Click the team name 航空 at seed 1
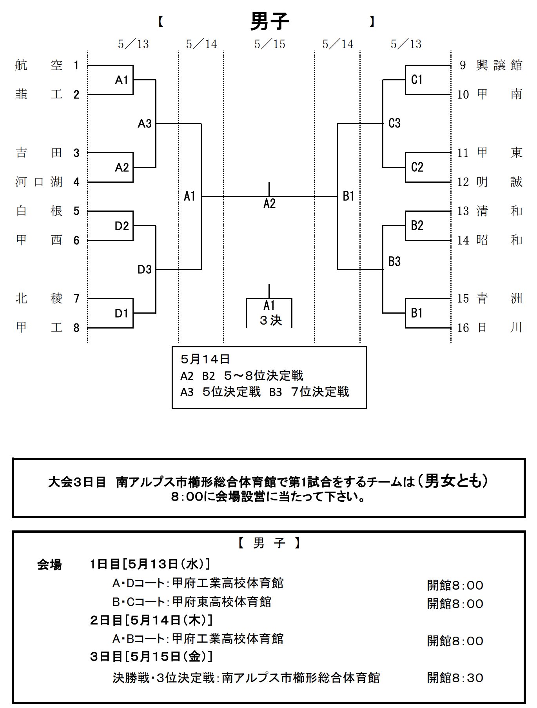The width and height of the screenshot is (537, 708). click(x=38, y=65)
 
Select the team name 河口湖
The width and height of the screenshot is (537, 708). click(x=38, y=182)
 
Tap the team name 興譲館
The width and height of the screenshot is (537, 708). click(x=499, y=65)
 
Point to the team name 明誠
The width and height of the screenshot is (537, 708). click(x=499, y=182)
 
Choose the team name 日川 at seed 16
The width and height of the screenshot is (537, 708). click(x=499, y=328)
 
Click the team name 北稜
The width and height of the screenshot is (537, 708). click(x=38, y=299)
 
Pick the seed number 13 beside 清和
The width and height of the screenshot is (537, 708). click(x=463, y=211)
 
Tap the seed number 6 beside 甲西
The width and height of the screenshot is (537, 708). click(x=76, y=240)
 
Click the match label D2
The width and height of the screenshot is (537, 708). click(x=122, y=226)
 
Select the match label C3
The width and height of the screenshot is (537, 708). click(x=394, y=123)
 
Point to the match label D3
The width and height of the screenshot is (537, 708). click(x=144, y=270)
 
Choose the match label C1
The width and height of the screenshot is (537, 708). click(x=417, y=80)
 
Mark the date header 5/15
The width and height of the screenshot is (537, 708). click(x=269, y=44)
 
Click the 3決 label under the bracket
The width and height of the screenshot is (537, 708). click(x=270, y=321)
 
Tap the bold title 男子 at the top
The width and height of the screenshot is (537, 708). click(x=269, y=21)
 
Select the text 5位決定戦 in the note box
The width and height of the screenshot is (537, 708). click(x=231, y=392)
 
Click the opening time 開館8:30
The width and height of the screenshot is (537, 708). click(x=455, y=678)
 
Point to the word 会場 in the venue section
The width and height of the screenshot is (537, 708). click(x=49, y=565)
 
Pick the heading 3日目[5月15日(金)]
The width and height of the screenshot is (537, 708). click(x=151, y=656)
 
